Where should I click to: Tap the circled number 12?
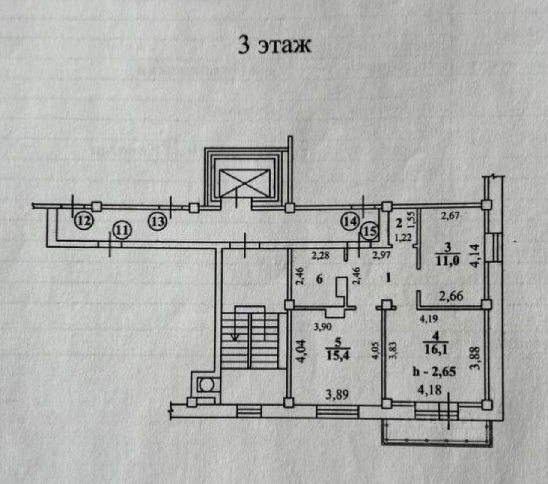pos(84,221)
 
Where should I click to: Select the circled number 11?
pos(122,230)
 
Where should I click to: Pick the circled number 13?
pos(157,221)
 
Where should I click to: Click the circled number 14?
pos(350,221)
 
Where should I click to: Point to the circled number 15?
pos(369,232)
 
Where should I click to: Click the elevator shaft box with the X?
pos(244,183)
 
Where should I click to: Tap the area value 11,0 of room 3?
pos(447,260)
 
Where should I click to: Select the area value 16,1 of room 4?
pos(435,349)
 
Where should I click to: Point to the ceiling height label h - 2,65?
pos(434,371)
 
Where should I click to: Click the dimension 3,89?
pos(337,394)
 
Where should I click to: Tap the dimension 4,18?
pos(429,390)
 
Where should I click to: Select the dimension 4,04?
pos(301,351)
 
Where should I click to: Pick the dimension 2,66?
pos(451,296)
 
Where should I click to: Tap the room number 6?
pos(319,279)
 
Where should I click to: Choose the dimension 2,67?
pos(450,216)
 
